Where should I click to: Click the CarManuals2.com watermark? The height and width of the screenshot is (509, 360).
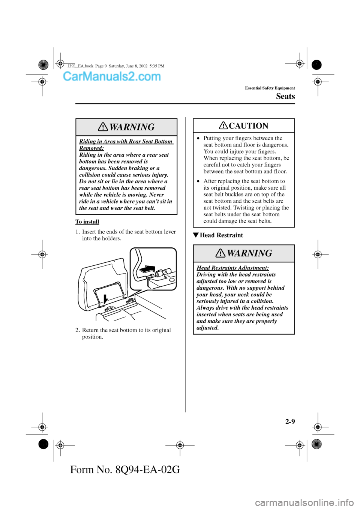(x=112, y=76)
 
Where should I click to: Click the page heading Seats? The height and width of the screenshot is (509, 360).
(x=285, y=96)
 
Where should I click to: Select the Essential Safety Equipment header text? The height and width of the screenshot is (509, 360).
(x=270, y=88)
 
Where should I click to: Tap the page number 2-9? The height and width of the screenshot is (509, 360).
(x=290, y=421)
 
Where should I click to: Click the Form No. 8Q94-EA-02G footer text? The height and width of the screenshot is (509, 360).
(x=125, y=469)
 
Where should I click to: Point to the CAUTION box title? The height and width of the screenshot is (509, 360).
(x=248, y=126)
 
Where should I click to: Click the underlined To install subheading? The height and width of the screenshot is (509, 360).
(x=87, y=222)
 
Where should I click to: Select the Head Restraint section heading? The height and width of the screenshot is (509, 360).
(x=221, y=235)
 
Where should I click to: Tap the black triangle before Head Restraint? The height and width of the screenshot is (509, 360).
(x=195, y=235)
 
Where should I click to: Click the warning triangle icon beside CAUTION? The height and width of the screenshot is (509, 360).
(x=223, y=125)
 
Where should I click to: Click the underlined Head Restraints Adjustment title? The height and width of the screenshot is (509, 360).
(x=232, y=268)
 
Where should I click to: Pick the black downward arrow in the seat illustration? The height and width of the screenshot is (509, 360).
(x=106, y=299)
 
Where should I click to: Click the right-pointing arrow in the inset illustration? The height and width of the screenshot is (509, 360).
(x=147, y=269)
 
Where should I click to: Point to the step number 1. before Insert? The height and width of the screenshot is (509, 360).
(x=78, y=232)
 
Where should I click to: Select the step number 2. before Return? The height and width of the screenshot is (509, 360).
(x=78, y=330)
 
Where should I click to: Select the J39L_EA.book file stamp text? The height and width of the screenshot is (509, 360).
(x=116, y=66)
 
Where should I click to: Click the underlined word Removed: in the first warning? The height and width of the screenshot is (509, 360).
(x=91, y=148)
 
